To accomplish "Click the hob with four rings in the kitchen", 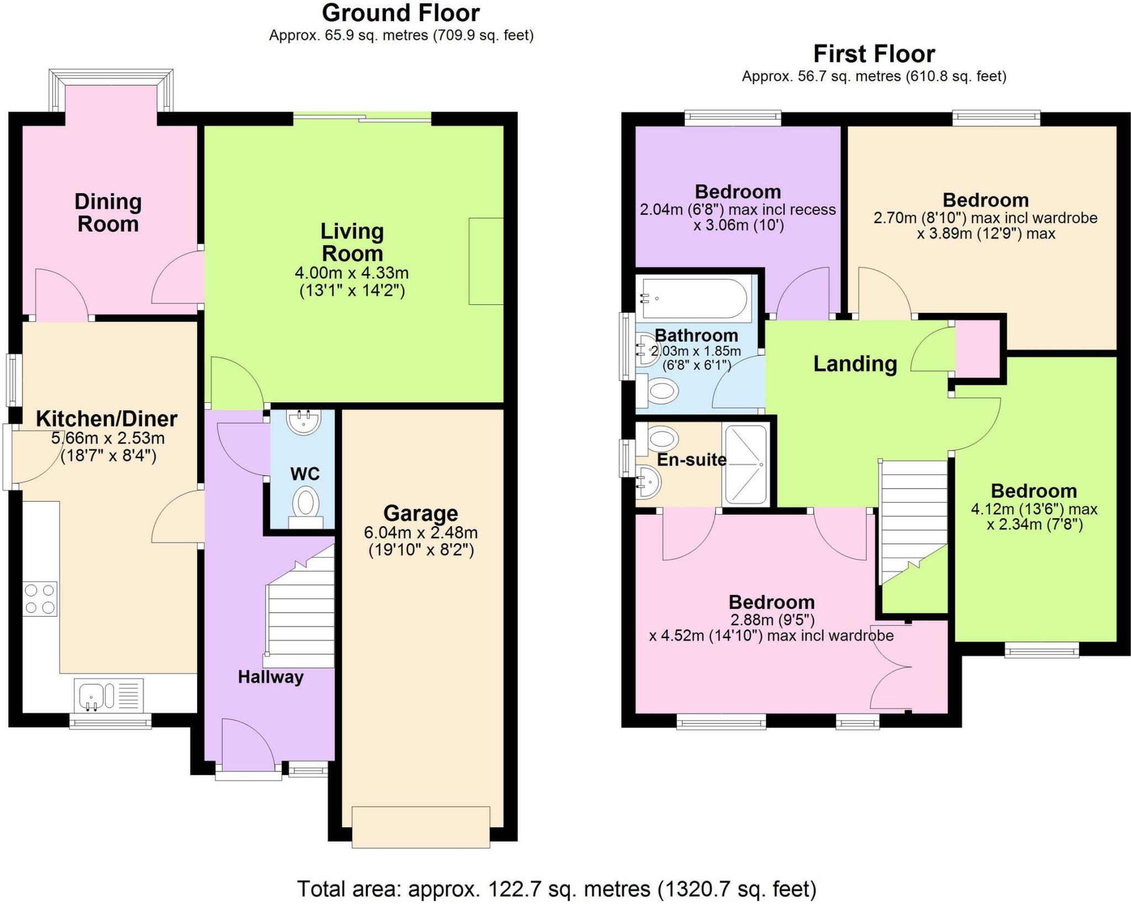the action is (40, 598).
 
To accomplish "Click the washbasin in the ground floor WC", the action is (303, 422).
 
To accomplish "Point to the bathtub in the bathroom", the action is (694, 298).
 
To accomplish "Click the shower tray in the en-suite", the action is (746, 465).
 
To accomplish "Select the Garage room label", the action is (421, 513).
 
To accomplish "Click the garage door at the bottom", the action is (421, 827).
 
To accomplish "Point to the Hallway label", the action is (271, 677).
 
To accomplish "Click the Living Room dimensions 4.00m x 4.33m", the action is (352, 273).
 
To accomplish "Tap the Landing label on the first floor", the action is (855, 364).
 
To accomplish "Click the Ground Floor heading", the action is (401, 13).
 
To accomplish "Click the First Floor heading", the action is (874, 54).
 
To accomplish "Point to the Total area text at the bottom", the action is (557, 889).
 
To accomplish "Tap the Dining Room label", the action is (108, 213).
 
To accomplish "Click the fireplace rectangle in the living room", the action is (486, 261).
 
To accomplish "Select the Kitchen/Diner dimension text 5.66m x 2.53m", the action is (108, 438).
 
